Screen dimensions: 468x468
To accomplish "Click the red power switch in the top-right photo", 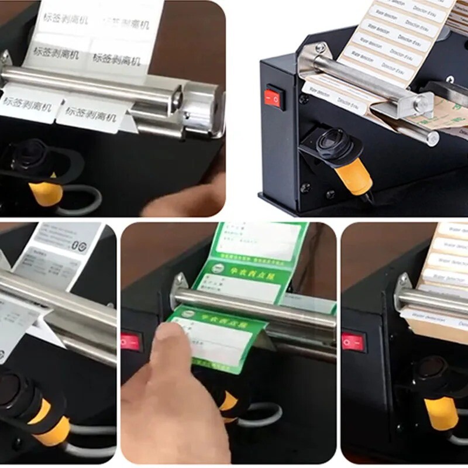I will click(x=275, y=98).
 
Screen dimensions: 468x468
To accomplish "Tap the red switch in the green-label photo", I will click(x=132, y=342).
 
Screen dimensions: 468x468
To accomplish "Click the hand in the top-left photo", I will click(x=187, y=196).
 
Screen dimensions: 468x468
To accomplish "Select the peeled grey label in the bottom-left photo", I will click(x=18, y=319).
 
